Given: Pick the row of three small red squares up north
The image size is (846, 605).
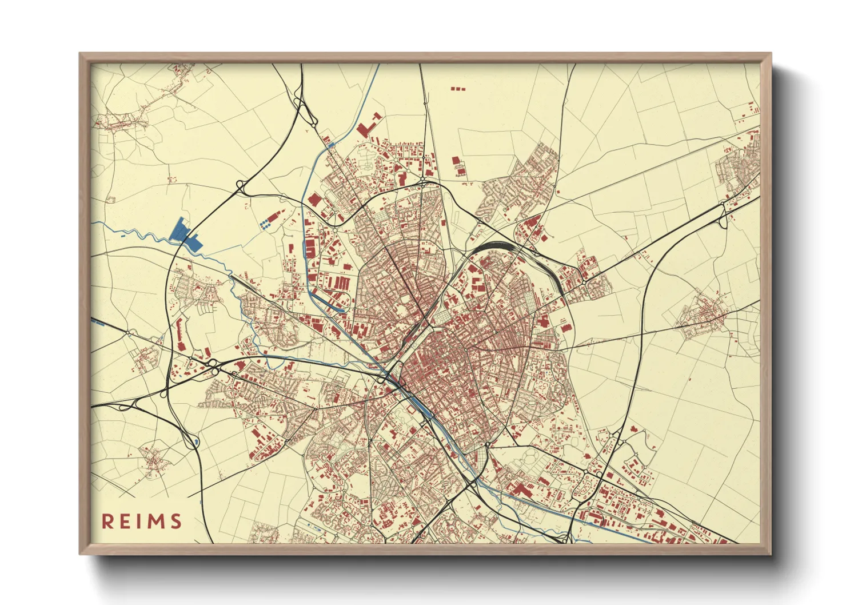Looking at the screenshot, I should pos(458,89).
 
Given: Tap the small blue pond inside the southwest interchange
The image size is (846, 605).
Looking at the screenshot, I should pos(197,441).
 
